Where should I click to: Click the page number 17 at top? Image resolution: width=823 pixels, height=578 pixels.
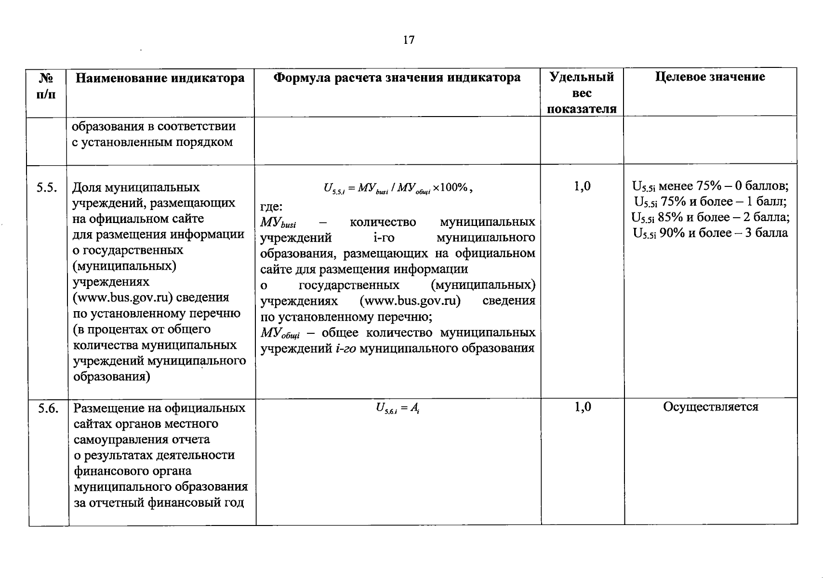pos(408,40)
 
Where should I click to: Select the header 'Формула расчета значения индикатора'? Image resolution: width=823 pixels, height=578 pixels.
pos(397,78)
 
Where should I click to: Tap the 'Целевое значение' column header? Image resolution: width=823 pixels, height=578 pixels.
pos(710,77)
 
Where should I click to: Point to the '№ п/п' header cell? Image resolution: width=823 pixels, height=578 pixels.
pos(46,85)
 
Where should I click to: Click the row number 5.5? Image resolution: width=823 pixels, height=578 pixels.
pos(47,187)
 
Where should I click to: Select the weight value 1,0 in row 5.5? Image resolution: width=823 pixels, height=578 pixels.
pos(582,186)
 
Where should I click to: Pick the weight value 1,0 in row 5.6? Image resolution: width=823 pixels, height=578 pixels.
pos(582,407)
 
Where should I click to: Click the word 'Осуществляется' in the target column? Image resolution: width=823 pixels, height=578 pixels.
pos(711,407)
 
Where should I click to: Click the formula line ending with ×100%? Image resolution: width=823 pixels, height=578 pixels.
pos(398,188)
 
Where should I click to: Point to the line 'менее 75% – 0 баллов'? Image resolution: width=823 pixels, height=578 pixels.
pos(710,186)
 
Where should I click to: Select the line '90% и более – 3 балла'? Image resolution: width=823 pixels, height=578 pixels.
pos(710,233)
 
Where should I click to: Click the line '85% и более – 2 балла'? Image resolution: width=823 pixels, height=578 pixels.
pos(710,218)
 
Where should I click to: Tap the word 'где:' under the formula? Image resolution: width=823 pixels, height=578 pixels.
pos(271,207)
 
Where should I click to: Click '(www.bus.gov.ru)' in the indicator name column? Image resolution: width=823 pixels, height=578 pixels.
pos(123,297)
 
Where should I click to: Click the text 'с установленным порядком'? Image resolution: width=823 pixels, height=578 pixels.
pos(152,142)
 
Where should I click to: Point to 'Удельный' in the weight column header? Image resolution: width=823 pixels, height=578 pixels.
pos(582,77)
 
